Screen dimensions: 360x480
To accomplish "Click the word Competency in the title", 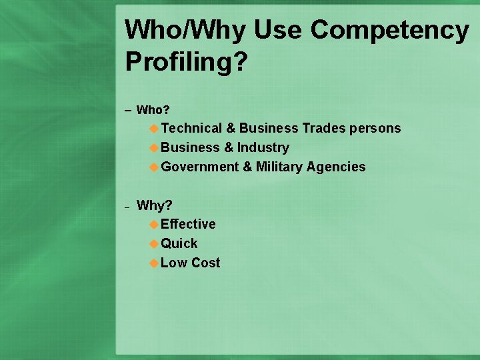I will [390, 30].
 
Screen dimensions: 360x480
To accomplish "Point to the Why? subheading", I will [155, 205].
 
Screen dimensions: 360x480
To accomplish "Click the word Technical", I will [191, 128].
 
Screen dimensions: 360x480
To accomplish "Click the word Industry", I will [263, 147].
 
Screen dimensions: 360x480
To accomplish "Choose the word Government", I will [200, 167].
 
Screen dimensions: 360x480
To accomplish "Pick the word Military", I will [279, 167].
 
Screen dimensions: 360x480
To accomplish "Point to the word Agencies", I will [336, 167].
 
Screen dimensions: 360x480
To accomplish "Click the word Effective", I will [188, 224].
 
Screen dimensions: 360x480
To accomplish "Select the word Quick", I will [179, 243].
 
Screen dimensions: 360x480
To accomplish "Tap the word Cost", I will [205, 263].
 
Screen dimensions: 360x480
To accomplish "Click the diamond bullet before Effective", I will [154, 225].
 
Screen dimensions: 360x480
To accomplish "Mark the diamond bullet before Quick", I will [154, 244].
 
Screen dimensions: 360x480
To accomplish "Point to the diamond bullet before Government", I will [154, 167].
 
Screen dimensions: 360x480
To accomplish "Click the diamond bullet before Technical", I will [154, 129].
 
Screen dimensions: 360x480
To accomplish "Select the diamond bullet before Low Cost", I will [154, 263].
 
